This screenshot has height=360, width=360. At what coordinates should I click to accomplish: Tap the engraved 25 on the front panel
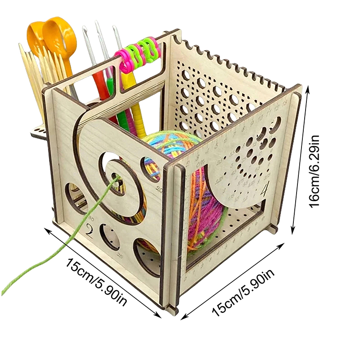119,256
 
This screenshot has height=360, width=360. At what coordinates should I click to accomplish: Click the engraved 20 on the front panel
158,189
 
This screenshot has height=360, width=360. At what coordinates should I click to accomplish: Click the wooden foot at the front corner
171,310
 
